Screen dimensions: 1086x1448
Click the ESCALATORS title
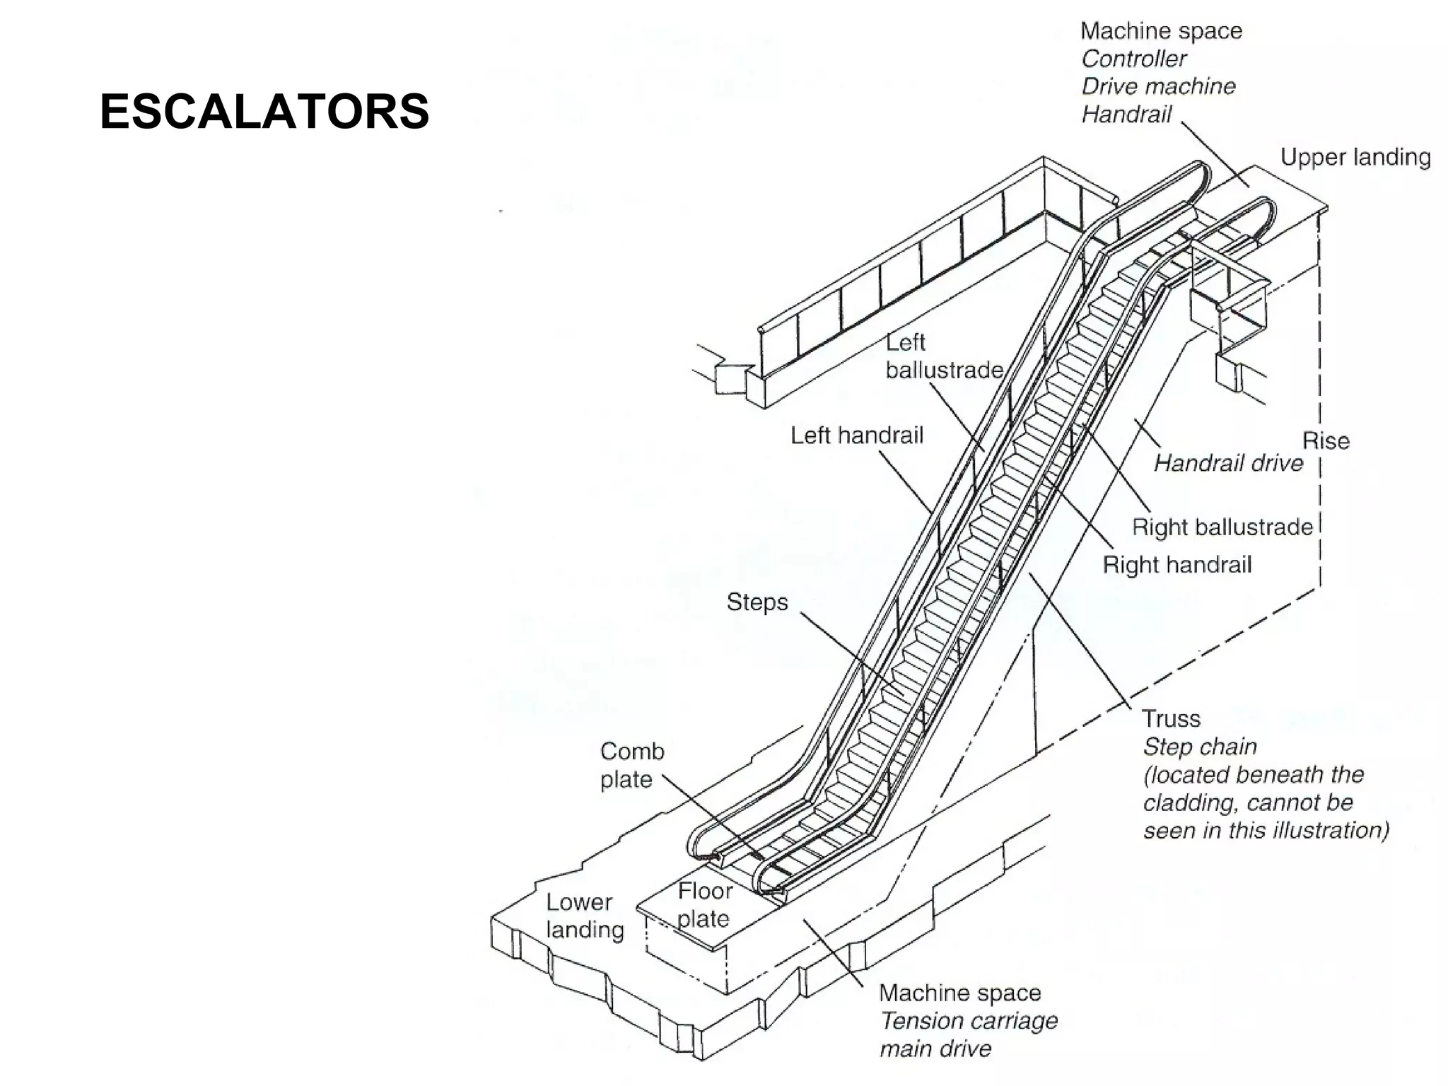pos(264,112)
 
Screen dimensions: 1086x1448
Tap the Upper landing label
pos(1355,157)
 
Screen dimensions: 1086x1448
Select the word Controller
pos(1133,59)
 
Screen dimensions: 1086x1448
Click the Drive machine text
pos(1158,86)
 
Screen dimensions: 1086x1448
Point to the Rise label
pos(1326,441)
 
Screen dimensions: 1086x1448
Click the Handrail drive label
pos(1228,463)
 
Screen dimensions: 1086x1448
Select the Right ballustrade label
pos(1222,527)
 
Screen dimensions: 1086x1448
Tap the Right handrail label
pos(1177,564)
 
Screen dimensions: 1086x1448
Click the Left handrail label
pos(856,435)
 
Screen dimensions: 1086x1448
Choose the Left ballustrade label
pos(944,356)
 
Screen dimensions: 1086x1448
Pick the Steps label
pos(757,602)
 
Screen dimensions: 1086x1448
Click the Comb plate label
pos(631,765)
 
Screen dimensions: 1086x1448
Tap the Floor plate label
pos(703,904)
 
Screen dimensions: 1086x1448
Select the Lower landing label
pos(584,916)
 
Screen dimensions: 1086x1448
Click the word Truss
pos(1171,719)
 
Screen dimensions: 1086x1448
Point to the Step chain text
pos(1200,747)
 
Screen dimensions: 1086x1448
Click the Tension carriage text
pos(969,1021)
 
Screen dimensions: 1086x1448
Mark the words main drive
pos(935,1049)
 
